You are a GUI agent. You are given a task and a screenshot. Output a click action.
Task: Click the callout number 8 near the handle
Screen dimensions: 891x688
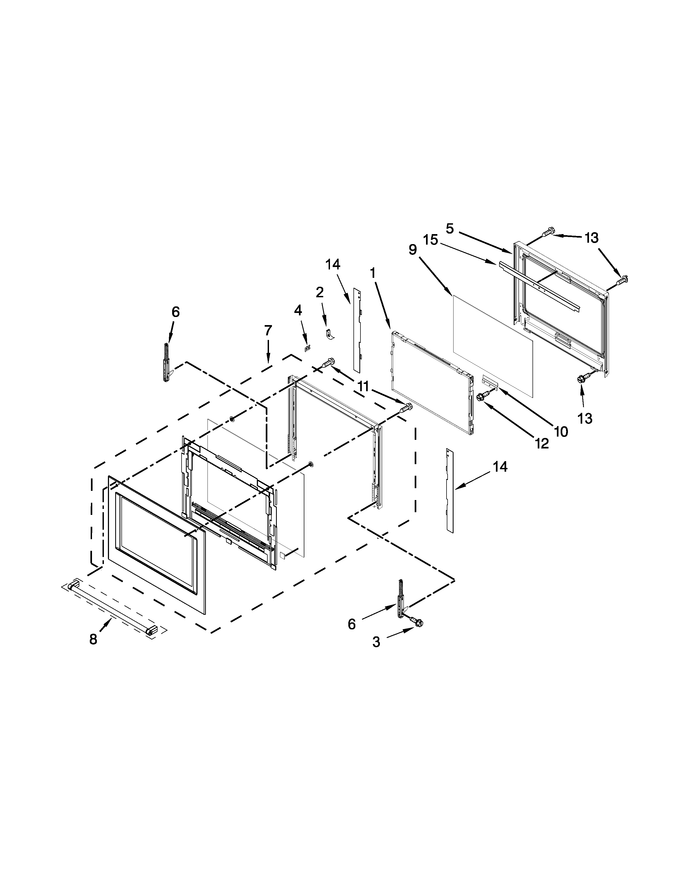93,639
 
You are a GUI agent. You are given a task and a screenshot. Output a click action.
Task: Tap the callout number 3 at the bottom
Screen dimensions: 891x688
376,642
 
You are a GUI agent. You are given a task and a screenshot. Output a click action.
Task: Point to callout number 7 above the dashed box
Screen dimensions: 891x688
268,330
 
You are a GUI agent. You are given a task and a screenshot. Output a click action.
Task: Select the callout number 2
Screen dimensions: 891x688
320,292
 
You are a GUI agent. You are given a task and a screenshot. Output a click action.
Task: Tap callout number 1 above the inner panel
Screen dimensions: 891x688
373,273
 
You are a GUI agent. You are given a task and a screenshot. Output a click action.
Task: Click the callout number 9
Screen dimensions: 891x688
413,250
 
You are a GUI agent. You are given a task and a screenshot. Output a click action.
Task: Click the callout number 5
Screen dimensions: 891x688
449,229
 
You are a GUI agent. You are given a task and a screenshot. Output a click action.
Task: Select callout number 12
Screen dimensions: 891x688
542,443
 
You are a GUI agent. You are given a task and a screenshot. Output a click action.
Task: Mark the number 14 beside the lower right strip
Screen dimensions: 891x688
500,467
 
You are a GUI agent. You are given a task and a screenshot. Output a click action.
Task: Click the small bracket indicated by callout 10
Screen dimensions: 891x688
490,381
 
